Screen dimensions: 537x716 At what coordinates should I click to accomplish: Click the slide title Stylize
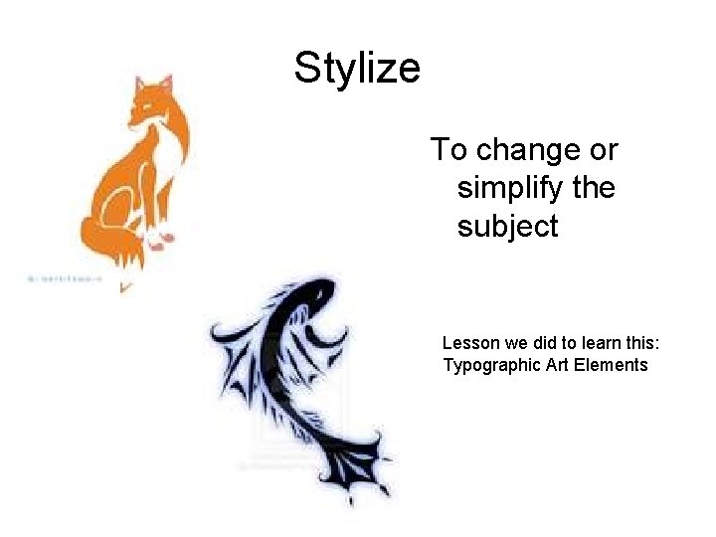pyautogui.click(x=357, y=69)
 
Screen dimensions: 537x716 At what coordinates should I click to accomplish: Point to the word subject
pyautogui.click(x=507, y=227)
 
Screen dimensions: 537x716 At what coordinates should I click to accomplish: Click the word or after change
pyautogui.click(x=602, y=151)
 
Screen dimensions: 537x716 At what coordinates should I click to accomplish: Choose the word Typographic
pyautogui.click(x=491, y=365)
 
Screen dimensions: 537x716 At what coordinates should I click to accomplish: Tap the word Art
pyautogui.click(x=559, y=365)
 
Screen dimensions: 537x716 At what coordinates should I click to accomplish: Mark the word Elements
pyautogui.click(x=612, y=365)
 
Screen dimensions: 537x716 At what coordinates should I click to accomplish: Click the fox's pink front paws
pyautogui.click(x=160, y=239)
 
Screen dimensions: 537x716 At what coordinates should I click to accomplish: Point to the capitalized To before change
pyautogui.click(x=448, y=151)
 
